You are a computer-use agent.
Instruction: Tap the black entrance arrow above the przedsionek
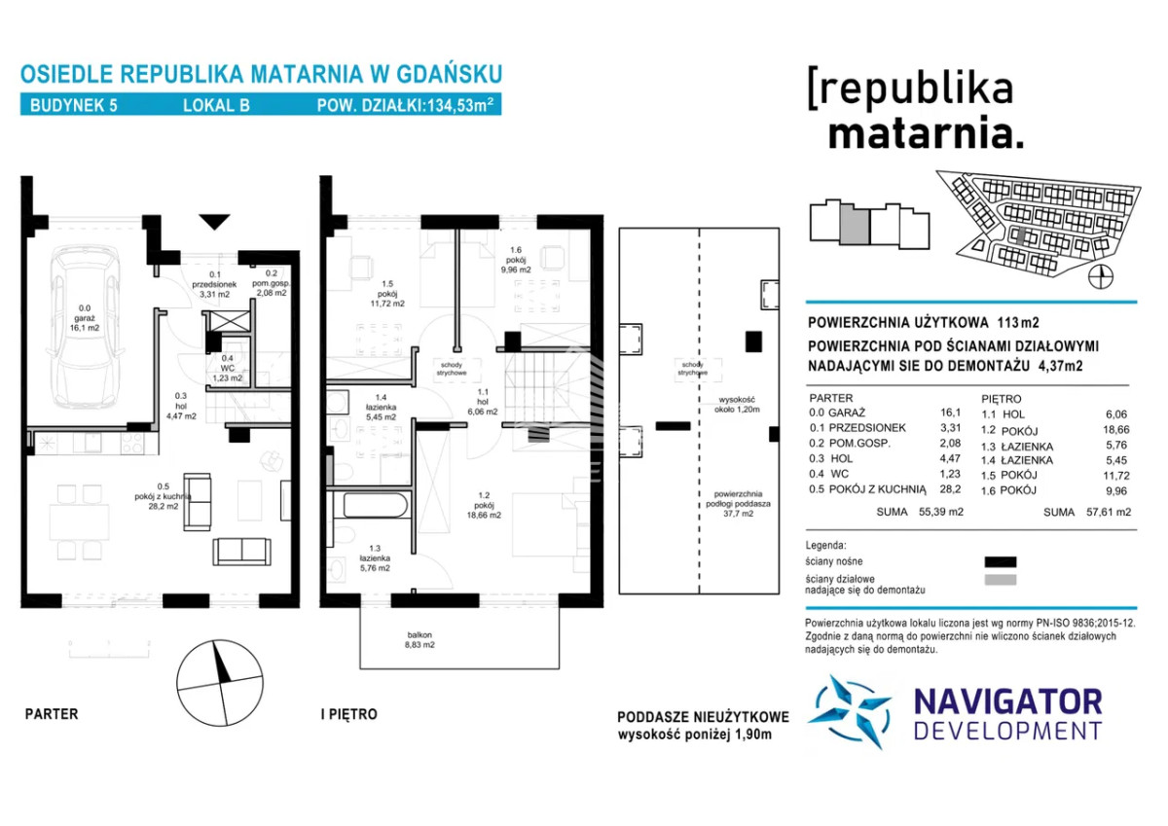[214, 222]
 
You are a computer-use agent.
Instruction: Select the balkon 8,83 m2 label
[420, 640]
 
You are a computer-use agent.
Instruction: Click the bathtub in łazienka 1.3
[375, 505]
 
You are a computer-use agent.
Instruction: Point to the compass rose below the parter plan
[220, 683]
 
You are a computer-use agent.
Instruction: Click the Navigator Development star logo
[850, 711]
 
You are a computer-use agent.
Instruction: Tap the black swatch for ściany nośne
[1001, 561]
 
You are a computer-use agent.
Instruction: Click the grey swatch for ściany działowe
[1001, 580]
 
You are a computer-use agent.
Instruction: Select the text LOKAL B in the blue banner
[216, 106]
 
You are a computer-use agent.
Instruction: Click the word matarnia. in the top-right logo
[926, 134]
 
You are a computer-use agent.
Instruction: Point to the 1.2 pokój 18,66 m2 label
[484, 506]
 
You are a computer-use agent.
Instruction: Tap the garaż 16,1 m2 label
[85, 318]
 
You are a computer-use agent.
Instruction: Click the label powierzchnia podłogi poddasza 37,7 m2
[738, 503]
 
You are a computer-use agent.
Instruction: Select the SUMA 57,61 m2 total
[1087, 513]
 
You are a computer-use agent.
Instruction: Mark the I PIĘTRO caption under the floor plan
[348, 714]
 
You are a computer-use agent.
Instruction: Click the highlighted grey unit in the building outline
[855, 224]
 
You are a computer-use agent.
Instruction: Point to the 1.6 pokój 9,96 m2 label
[516, 260]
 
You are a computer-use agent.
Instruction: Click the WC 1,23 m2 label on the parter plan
[228, 368]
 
